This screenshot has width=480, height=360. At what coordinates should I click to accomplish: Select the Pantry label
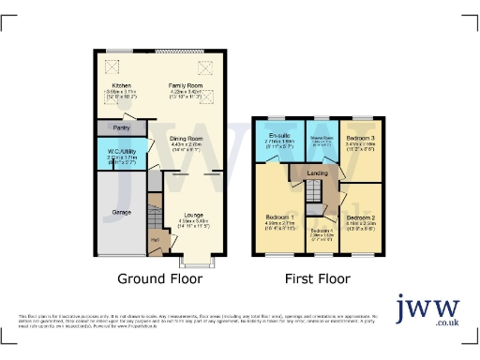pyautogui.click(x=120, y=127)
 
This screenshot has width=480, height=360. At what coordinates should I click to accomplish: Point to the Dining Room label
pyautogui.click(x=186, y=140)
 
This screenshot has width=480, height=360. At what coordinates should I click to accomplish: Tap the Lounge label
pyautogui.click(x=192, y=215)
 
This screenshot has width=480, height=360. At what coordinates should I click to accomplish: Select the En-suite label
pyautogui.click(x=276, y=138)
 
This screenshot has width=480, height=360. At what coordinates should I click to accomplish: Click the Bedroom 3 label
pyautogui.click(x=360, y=138)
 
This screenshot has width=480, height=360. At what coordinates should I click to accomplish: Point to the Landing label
pyautogui.click(x=317, y=172)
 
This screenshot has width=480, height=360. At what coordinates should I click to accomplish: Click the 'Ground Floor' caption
pyautogui.click(x=158, y=278)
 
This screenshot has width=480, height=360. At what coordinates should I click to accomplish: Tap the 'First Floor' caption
pyautogui.click(x=319, y=278)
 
